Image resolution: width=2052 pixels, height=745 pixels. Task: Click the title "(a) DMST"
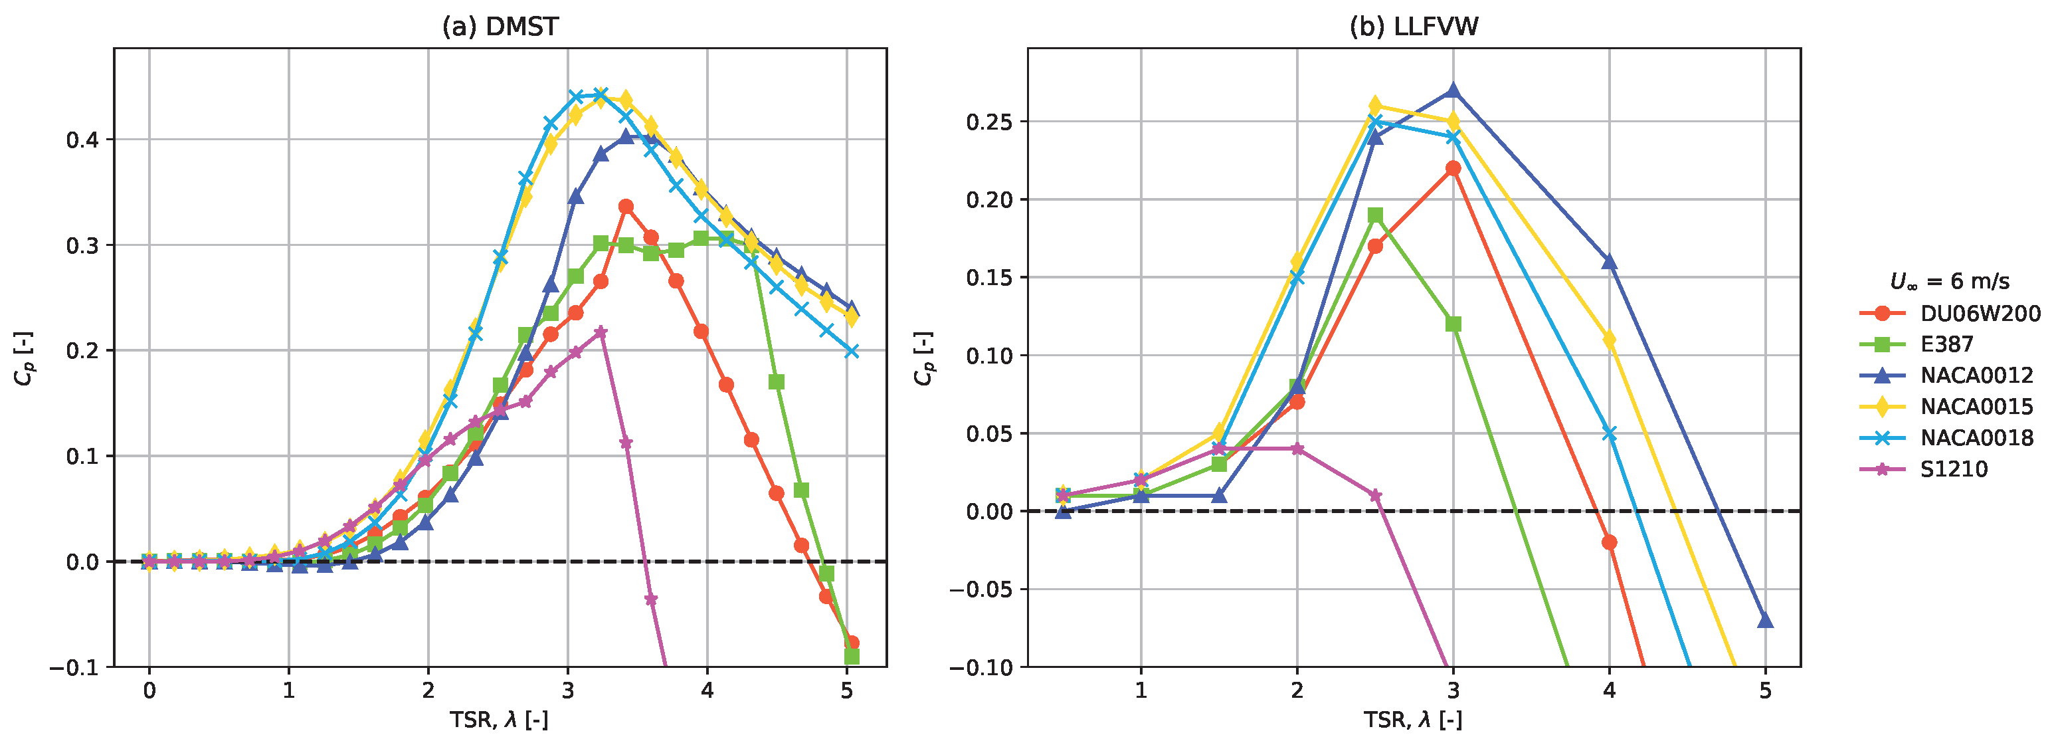tap(500, 27)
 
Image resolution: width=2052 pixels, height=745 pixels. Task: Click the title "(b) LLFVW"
tap(1414, 27)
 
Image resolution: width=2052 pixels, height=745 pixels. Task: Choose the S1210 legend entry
tap(1924, 469)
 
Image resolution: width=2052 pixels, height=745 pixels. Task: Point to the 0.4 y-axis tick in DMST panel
tap(83, 140)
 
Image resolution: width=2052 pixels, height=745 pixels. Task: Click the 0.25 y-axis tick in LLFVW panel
tap(988, 122)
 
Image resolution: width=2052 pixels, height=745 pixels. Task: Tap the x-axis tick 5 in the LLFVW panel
tap(1765, 690)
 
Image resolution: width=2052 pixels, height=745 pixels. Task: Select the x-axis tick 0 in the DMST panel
tap(149, 690)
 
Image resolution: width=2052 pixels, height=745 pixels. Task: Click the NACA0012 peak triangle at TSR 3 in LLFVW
tap(1453, 90)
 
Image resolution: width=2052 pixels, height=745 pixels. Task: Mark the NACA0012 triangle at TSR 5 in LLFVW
tap(1765, 620)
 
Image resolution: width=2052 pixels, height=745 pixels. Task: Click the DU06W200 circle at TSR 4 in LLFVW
tap(1609, 542)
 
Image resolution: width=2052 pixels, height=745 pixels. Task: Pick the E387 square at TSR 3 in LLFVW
tap(1453, 324)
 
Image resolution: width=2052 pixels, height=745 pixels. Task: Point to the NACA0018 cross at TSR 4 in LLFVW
tap(1609, 433)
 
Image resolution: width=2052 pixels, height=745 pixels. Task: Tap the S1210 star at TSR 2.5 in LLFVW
tap(1375, 496)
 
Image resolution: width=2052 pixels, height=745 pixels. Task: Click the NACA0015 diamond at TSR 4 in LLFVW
tap(1609, 340)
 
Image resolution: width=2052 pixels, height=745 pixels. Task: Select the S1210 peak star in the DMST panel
tap(601, 332)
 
